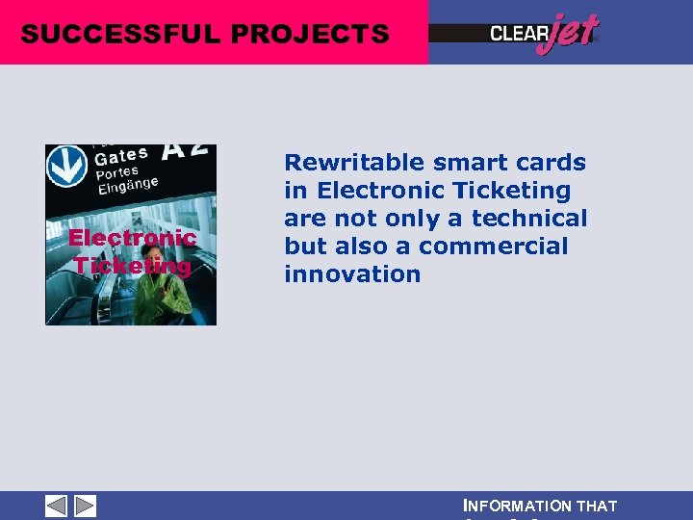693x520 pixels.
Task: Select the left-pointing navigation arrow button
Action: point(57,506)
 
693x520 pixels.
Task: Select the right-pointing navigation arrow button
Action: point(85,506)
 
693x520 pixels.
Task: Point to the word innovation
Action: point(352,274)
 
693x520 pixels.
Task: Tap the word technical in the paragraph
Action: point(528,219)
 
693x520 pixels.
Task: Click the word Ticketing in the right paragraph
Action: point(515,191)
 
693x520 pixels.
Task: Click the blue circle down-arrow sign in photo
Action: point(66,166)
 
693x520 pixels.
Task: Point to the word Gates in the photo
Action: point(121,155)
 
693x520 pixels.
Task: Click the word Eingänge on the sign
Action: point(127,186)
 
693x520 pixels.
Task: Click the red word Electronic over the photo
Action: point(132,238)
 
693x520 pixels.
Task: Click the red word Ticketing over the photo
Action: point(132,266)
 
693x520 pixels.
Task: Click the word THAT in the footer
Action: point(597,506)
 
